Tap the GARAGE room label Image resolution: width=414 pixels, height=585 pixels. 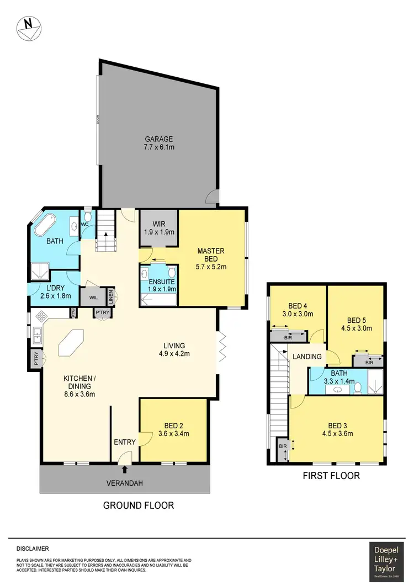point(159,139)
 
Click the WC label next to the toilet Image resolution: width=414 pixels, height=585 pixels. point(85,225)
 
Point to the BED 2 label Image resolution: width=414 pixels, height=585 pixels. point(174,425)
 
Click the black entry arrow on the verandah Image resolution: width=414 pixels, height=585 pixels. point(125,470)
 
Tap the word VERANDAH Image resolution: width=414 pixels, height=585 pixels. point(125,483)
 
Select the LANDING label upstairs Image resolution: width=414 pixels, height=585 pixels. point(307,357)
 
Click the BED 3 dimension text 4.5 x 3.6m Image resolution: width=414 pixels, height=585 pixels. point(337,434)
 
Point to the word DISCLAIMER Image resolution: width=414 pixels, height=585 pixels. point(33,549)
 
